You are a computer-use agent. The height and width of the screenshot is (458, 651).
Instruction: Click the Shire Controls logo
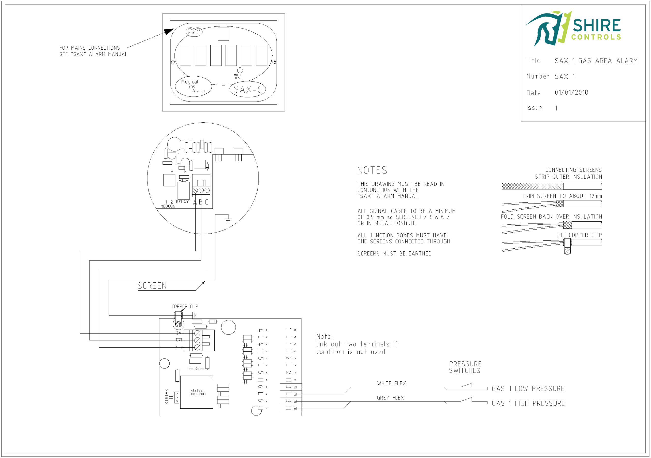tap(573, 28)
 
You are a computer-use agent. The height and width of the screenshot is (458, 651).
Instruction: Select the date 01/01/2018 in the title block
tap(571, 93)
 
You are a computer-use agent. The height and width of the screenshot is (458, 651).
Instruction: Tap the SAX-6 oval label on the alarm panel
tap(247, 90)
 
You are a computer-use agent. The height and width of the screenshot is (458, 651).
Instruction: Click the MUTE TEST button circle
tap(240, 70)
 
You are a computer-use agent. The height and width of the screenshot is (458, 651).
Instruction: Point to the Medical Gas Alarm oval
tap(193, 86)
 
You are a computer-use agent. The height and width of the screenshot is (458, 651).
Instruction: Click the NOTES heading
tap(372, 170)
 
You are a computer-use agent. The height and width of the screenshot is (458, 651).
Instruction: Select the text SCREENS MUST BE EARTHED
tap(394, 254)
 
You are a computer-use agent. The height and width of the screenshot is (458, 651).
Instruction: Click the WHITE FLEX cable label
tap(391, 384)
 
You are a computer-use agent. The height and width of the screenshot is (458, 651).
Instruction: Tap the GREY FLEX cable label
tap(390, 398)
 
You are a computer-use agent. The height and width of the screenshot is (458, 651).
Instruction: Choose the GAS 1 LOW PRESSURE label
tap(528, 389)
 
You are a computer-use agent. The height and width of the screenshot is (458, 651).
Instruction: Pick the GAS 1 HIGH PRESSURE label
tap(528, 404)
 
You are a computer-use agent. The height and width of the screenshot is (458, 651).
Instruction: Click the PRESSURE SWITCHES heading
tap(465, 367)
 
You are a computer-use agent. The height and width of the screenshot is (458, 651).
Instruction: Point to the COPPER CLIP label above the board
tap(185, 306)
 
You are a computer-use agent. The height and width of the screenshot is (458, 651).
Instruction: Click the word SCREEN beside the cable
tap(152, 286)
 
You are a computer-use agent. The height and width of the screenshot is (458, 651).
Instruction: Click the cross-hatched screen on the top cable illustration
tap(532, 186)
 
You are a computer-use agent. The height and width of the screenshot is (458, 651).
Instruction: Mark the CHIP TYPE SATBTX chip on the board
tap(197, 392)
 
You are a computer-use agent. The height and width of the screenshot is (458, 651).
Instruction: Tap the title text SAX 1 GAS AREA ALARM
tap(596, 61)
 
